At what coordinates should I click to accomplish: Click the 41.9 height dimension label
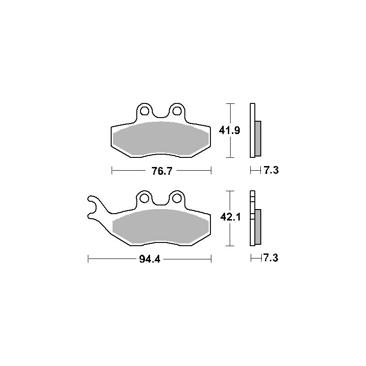pos(229,130)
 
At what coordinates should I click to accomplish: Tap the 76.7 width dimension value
pos(162,171)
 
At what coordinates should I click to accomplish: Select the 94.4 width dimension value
pos(150,259)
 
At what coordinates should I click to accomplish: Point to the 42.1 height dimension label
pos(230,217)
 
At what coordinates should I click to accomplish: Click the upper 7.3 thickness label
pos(271,170)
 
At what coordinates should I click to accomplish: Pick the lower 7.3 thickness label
pos(271,258)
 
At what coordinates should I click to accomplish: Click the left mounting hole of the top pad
pos(145,111)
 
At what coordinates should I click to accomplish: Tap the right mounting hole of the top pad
pos(177,111)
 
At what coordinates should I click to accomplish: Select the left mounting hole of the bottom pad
pos(145,199)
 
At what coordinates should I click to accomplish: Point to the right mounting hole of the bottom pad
pos(177,199)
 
